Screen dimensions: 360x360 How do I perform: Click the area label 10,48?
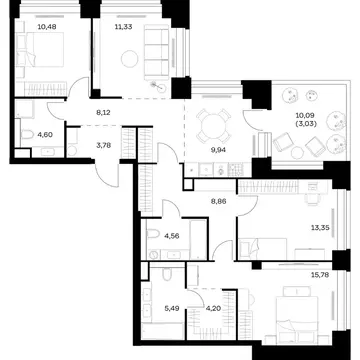(x=47, y=27)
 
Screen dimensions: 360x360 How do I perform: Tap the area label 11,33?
(x=123, y=27)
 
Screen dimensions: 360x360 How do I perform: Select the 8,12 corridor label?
(x=103, y=113)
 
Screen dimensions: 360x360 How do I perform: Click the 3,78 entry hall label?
(x=103, y=145)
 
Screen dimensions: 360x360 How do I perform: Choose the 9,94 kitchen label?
(x=219, y=150)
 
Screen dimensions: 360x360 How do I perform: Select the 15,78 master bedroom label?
(x=319, y=275)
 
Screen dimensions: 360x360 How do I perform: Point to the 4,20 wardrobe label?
(x=213, y=309)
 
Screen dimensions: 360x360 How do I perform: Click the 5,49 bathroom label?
(x=172, y=309)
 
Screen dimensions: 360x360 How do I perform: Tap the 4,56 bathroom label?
(x=172, y=236)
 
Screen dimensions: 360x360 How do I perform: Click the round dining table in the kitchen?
(x=214, y=125)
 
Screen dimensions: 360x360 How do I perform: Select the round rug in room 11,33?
(x=130, y=59)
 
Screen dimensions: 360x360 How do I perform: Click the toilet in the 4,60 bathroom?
(x=26, y=135)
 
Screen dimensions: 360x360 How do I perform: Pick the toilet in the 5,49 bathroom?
(x=167, y=274)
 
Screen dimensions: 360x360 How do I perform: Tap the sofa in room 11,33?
(x=157, y=52)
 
